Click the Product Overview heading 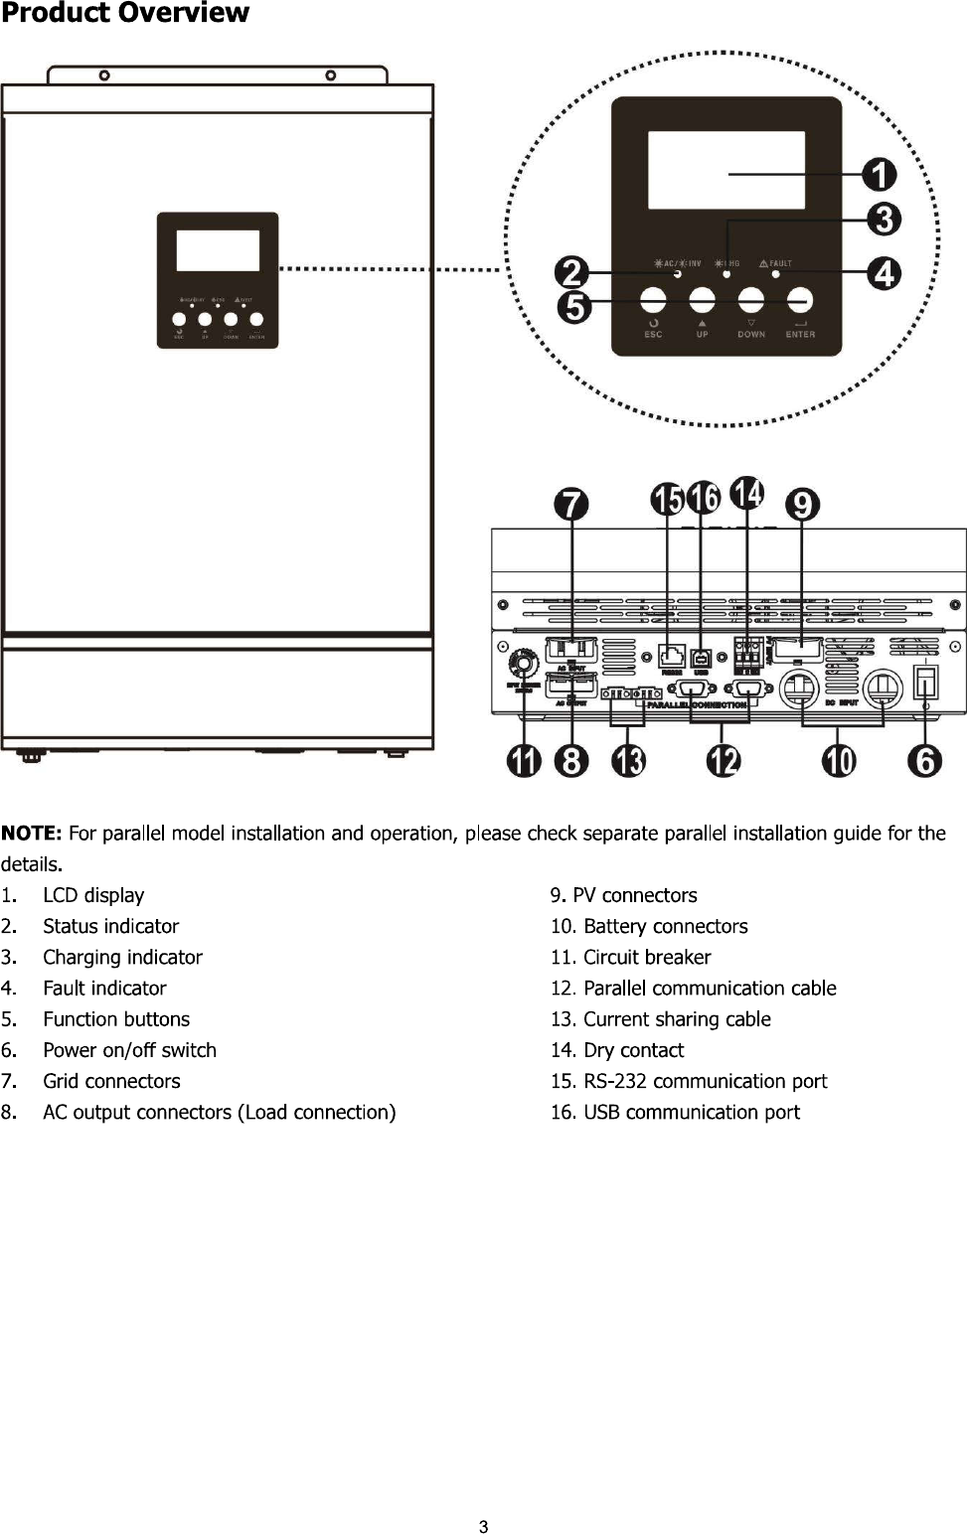click(x=125, y=14)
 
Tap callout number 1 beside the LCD click(x=879, y=175)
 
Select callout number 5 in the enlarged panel click(x=574, y=306)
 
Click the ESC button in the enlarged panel click(x=653, y=300)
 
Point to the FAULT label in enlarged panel click(x=776, y=263)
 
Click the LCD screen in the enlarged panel click(x=726, y=170)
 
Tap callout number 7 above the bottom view click(x=571, y=505)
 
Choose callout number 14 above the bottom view click(x=747, y=494)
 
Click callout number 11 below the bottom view click(x=524, y=761)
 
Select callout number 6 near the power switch click(x=925, y=761)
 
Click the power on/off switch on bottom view click(x=925, y=683)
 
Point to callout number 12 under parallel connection click(x=724, y=761)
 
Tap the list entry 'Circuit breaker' click(x=646, y=958)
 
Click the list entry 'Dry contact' click(x=633, y=1050)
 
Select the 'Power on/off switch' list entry click(x=129, y=1050)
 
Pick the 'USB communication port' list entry click(x=691, y=1113)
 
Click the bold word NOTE click(x=32, y=833)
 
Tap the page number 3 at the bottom click(x=484, y=1527)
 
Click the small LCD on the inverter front click(x=218, y=250)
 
